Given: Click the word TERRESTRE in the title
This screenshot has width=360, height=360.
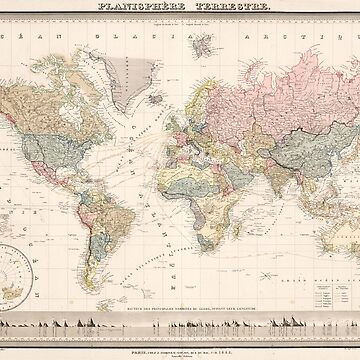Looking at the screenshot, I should tap(211, 8).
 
